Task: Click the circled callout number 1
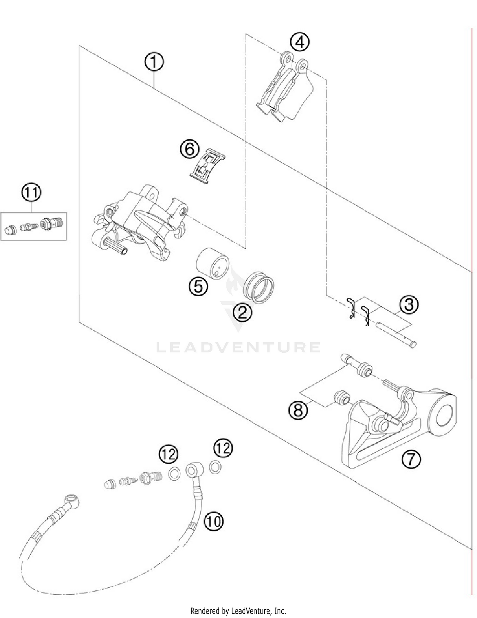pyautogui.click(x=154, y=62)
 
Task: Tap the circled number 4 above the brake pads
pyautogui.click(x=300, y=42)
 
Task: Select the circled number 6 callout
pyautogui.click(x=190, y=149)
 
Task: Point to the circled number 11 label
pyautogui.click(x=31, y=193)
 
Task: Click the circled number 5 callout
pyautogui.click(x=198, y=286)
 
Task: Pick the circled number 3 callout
pyautogui.click(x=409, y=305)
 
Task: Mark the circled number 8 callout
pyautogui.click(x=298, y=410)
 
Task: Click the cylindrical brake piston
pyautogui.click(x=212, y=263)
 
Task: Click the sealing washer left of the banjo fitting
pyautogui.click(x=174, y=474)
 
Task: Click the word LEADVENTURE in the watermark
pyautogui.click(x=238, y=347)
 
